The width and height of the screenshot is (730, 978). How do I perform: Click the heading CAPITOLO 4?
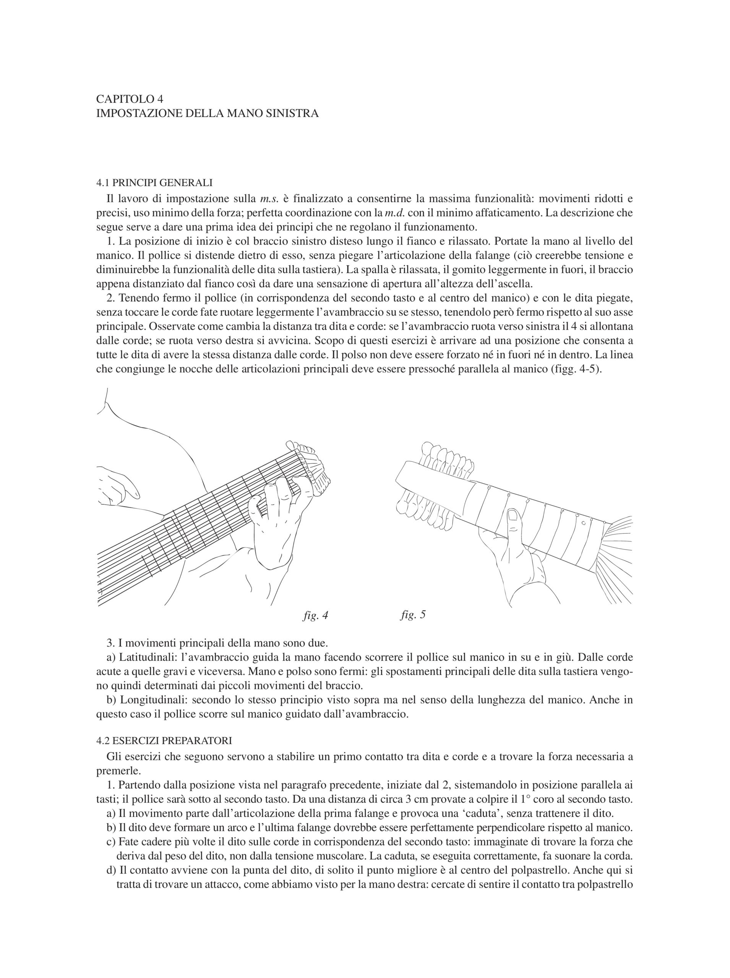130,99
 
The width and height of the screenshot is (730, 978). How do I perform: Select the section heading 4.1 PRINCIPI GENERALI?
154,183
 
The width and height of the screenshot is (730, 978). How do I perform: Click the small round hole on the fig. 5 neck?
583,523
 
